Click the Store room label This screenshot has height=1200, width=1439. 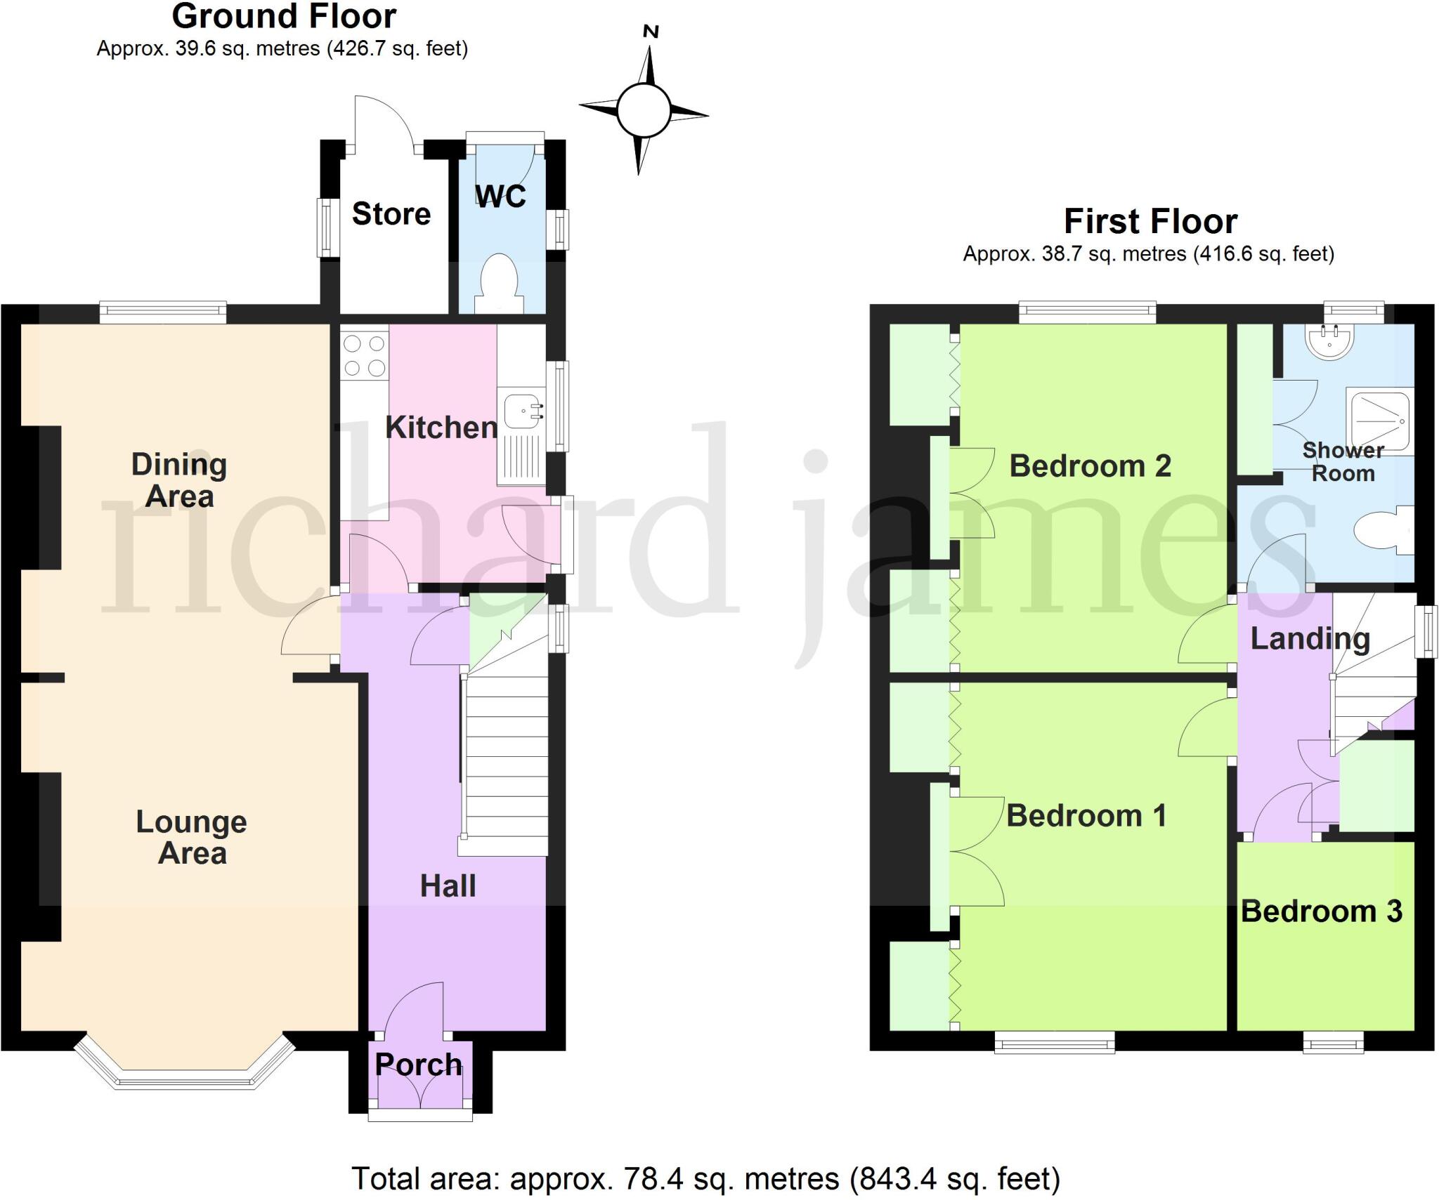point(391,214)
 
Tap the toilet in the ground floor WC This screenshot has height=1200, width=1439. point(500,282)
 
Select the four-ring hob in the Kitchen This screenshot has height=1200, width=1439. point(365,355)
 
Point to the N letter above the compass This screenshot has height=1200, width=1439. point(651,32)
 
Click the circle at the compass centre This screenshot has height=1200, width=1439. point(643,110)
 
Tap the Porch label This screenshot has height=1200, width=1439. point(419,1065)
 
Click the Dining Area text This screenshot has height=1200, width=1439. point(179,480)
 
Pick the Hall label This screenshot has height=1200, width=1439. point(448,886)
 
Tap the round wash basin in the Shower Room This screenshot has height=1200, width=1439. point(1329,342)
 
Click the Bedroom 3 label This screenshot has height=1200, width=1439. point(1322,911)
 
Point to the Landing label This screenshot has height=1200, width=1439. point(1310,639)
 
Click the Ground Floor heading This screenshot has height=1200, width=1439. point(284,17)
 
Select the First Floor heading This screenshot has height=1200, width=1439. point(1150,222)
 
